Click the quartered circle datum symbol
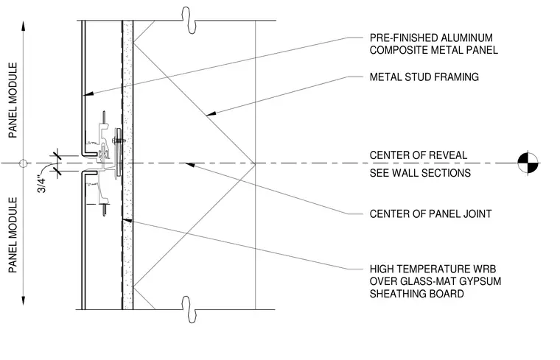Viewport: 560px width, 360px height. click(528, 163)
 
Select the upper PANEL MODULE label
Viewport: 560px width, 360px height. click(13, 100)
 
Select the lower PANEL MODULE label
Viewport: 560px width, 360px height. click(13, 235)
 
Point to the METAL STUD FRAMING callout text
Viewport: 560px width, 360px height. click(424, 77)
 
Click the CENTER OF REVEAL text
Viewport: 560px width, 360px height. click(419, 155)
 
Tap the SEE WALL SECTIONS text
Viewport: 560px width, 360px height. click(420, 173)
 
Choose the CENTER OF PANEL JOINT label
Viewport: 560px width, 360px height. click(431, 213)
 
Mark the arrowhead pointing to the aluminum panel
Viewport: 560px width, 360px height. click(88, 93)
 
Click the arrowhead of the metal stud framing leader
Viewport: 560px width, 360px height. click(211, 113)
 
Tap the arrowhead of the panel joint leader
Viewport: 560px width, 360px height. click(189, 165)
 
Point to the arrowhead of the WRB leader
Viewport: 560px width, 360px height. click(127, 220)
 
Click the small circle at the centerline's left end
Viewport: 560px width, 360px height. click(24, 163)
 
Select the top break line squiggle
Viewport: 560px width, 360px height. click(189, 21)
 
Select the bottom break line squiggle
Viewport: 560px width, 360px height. click(189, 309)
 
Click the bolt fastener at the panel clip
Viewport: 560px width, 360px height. click(119, 140)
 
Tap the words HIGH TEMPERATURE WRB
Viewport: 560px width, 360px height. click(433, 269)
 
